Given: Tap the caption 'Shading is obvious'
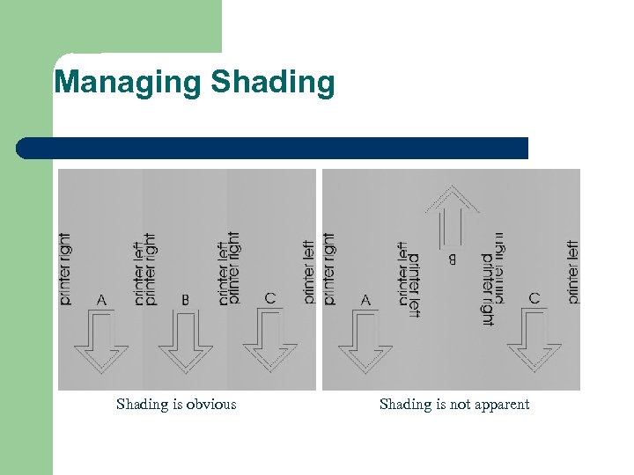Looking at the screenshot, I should coord(176,405).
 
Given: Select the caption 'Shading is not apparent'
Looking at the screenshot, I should coord(454,405).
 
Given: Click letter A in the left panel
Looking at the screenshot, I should coord(101,300).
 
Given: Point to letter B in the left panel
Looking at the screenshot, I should coord(185,300).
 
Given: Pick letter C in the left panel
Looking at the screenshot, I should coord(269,298).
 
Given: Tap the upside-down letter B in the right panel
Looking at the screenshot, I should coord(453,260).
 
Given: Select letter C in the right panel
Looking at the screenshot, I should coord(534,298).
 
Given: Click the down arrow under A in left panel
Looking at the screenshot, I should coord(100,347).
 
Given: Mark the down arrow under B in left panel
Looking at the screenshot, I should coord(185,347).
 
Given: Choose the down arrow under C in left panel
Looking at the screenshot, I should coord(269,347).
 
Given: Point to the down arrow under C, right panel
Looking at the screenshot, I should coord(534,347).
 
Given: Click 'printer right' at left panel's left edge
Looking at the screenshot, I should coord(66,269).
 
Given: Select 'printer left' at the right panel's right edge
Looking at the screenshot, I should coord(573,272).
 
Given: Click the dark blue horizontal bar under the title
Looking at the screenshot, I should coord(272,148).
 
